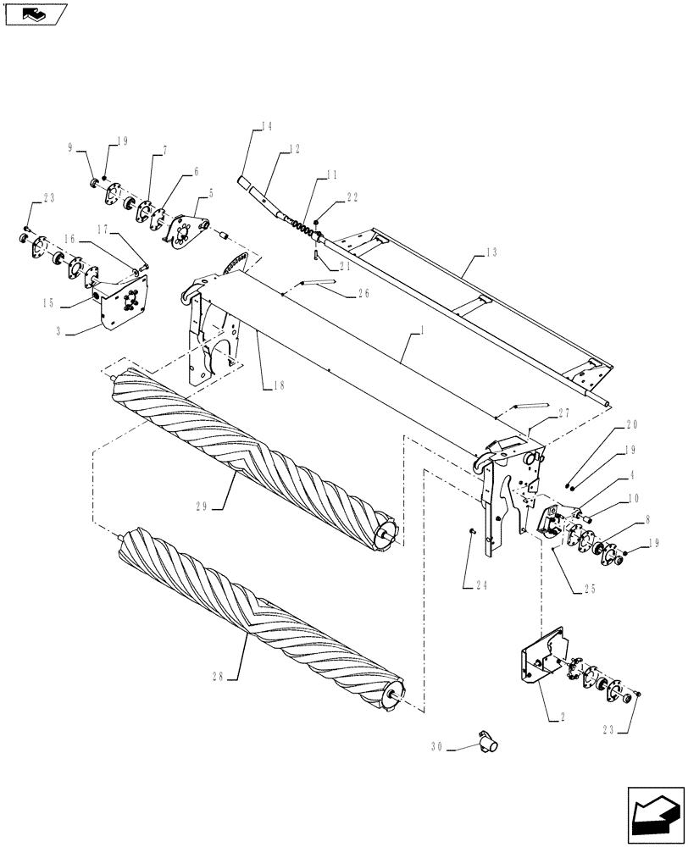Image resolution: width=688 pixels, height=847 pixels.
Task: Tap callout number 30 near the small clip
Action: tap(437, 748)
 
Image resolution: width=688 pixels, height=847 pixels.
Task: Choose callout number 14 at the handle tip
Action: tap(266, 127)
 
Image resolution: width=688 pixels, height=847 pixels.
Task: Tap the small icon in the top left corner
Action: tap(35, 14)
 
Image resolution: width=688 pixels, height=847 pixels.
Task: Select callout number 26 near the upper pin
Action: tap(363, 294)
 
